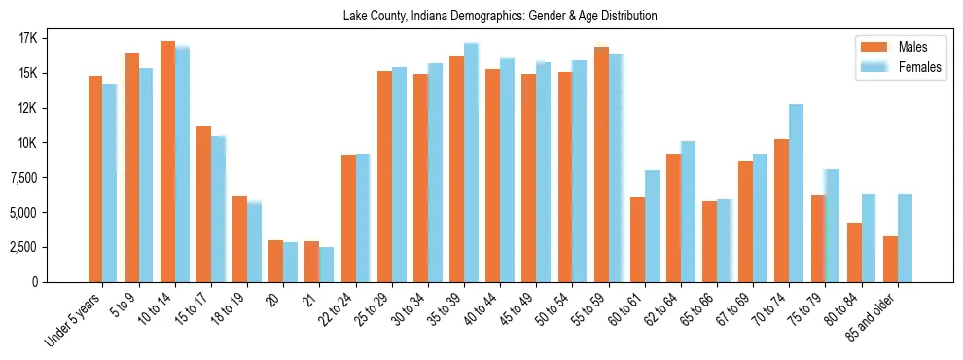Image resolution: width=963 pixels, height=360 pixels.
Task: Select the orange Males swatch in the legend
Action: point(871,47)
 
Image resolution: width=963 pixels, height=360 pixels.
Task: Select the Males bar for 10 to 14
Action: point(167,162)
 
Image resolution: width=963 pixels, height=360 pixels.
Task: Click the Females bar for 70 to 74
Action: point(796,193)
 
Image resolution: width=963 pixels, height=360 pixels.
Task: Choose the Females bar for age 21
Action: point(326,265)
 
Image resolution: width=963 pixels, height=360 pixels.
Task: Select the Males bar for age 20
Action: point(275,261)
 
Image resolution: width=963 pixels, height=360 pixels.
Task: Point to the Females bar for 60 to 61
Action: point(652,226)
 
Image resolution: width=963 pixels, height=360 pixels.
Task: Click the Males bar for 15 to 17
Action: point(203,204)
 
